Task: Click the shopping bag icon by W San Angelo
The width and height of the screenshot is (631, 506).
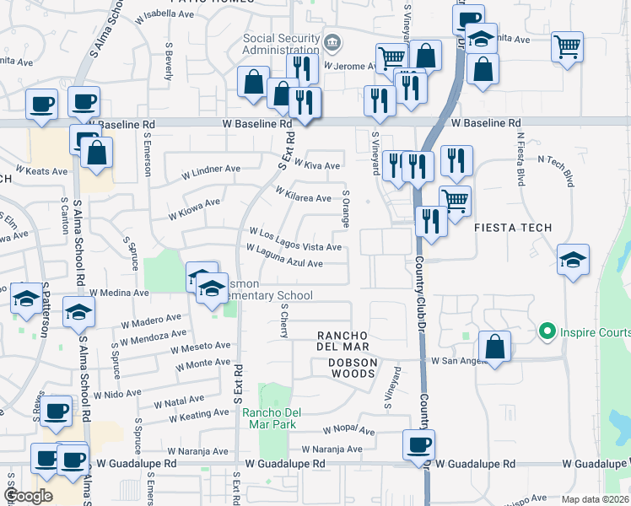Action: (494, 346)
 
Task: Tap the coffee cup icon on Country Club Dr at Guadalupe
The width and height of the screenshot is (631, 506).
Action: (418, 444)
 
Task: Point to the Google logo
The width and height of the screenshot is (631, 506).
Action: (28, 496)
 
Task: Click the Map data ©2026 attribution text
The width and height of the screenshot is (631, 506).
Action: (595, 499)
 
